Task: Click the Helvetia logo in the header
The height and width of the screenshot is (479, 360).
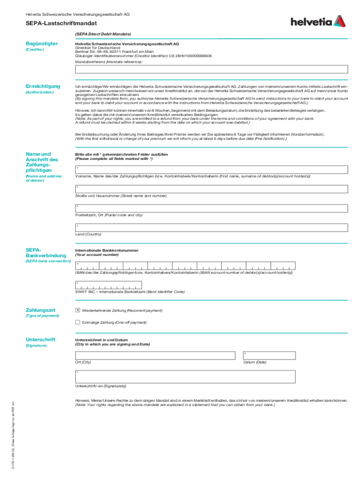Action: pos(318,22)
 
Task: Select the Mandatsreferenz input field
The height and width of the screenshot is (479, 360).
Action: pos(211,69)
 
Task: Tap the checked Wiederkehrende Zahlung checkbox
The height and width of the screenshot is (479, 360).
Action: pos(78,310)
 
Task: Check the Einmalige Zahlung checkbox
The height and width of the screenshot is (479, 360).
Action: pos(78,322)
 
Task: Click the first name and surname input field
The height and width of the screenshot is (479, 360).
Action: pos(211,169)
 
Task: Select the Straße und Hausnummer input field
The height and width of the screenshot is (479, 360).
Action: pos(211,189)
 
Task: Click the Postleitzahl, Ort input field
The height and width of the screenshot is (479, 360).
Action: pos(211,209)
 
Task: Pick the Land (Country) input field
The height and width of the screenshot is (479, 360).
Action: pos(211,228)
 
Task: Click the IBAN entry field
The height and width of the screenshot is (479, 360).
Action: pos(185,266)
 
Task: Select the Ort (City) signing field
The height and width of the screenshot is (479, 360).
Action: pos(155,355)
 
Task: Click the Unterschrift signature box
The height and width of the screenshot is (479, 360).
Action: pos(185,376)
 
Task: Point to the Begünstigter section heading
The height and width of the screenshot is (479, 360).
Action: pos(42,44)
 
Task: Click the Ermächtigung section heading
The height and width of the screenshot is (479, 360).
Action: pos(43,86)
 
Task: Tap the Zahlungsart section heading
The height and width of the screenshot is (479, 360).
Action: pos(41,310)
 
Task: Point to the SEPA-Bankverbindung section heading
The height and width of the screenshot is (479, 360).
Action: pos(45,253)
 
